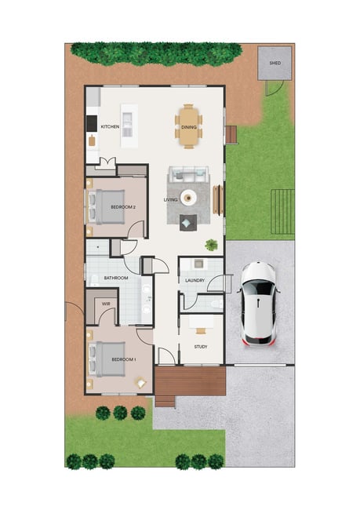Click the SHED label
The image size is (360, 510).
click(x=275, y=63)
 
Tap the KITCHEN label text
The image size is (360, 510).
click(x=110, y=126)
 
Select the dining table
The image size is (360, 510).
click(x=188, y=126)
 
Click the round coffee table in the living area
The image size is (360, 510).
click(x=188, y=197)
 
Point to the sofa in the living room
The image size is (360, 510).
click(x=188, y=175)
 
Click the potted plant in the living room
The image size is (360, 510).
click(x=212, y=245)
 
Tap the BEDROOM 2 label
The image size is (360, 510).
click(x=123, y=207)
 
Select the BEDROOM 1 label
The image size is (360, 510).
click(x=124, y=359)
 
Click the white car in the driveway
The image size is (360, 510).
click(x=259, y=303)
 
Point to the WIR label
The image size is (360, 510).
click(x=106, y=304)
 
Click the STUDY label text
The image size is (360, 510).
click(x=201, y=347)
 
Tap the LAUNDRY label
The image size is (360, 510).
click(x=195, y=280)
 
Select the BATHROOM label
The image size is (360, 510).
click(x=116, y=278)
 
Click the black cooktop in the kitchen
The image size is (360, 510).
click(x=92, y=124)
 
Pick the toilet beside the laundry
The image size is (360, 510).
click(x=216, y=304)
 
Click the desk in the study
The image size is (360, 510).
click(x=202, y=322)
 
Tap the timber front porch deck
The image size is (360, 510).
click(x=191, y=381)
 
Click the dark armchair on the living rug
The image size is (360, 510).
click(x=188, y=223)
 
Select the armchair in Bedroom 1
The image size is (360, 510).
click(x=141, y=383)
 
